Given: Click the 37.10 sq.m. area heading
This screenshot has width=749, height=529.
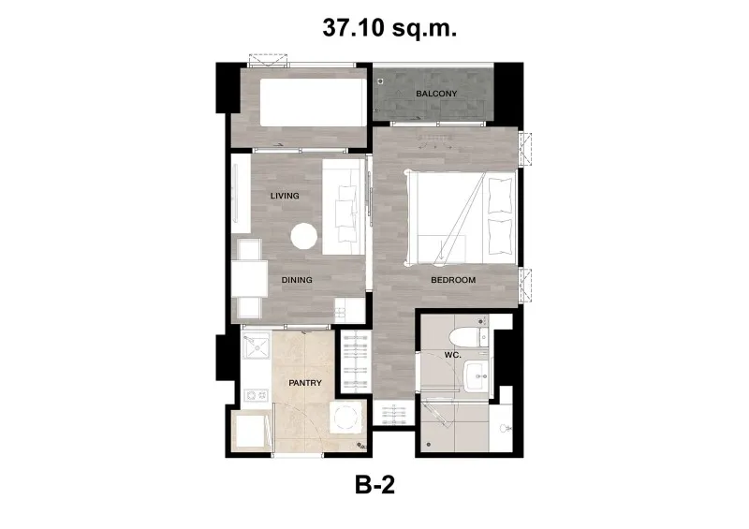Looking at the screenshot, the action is [x=389, y=28].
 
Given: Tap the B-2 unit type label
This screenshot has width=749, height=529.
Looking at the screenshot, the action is [x=375, y=485].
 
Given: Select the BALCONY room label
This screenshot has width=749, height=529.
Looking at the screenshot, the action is [x=436, y=94].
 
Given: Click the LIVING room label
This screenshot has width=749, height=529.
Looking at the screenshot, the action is [x=285, y=196].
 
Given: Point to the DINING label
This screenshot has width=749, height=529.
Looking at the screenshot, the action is [x=297, y=280].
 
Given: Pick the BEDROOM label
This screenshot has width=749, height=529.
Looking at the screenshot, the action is [x=453, y=280].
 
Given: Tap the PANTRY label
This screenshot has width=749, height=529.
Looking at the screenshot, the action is [x=305, y=383].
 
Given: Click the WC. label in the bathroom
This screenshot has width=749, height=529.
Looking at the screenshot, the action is [x=452, y=355].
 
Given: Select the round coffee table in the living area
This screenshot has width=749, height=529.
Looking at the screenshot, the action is [x=303, y=237].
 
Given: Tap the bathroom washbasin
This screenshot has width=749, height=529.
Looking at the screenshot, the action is [x=476, y=375].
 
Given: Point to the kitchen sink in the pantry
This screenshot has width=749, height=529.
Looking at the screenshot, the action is [x=256, y=345].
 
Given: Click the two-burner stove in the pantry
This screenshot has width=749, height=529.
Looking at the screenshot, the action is [x=257, y=395].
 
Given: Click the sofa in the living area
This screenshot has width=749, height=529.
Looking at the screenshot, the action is [x=344, y=207].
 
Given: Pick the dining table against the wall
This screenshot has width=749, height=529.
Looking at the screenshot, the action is [x=249, y=278].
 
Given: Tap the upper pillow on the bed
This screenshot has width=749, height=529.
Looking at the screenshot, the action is [x=500, y=195].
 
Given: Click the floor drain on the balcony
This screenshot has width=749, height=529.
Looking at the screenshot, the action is [x=381, y=81].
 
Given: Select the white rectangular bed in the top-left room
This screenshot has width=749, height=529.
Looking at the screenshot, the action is [x=314, y=103].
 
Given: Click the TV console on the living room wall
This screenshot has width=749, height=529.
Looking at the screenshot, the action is [x=241, y=194].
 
